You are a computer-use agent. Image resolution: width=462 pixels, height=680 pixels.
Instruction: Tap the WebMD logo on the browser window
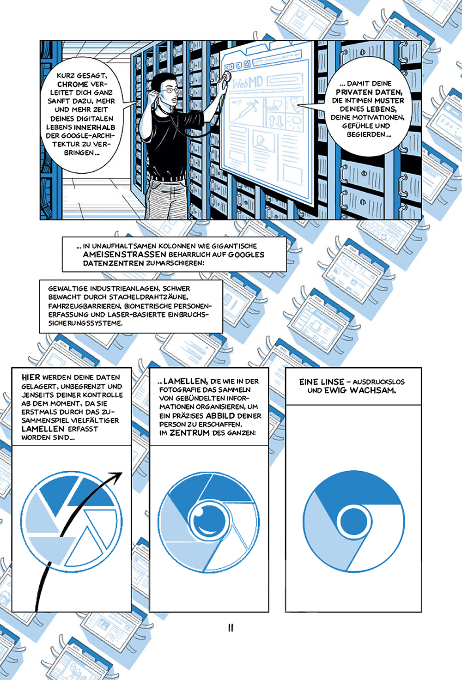point(247,83)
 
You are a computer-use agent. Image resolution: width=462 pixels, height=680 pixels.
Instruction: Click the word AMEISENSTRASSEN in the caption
point(125,255)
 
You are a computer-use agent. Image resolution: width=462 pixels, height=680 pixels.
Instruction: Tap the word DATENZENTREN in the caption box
point(113,263)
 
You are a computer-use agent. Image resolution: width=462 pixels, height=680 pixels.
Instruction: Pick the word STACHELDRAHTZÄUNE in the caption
point(149,297)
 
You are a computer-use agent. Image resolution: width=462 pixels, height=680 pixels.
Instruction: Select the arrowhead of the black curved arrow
point(118,476)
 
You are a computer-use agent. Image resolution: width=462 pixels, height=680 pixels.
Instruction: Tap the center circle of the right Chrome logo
point(353,522)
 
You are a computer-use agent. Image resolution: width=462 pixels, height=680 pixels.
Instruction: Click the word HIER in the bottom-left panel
point(30,377)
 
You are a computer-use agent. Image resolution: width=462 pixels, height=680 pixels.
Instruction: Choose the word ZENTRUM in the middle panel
point(189,433)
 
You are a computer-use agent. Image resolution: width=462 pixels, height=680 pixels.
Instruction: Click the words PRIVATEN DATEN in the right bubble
point(369,92)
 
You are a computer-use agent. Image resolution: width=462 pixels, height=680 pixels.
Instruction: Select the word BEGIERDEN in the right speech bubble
point(366,134)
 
